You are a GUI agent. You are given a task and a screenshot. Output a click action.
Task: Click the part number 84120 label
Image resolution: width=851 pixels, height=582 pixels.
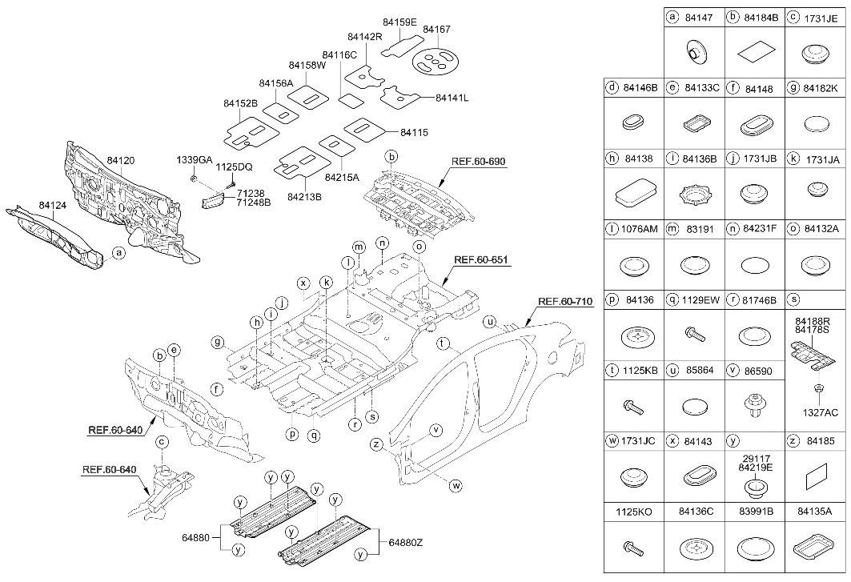(x=121, y=161)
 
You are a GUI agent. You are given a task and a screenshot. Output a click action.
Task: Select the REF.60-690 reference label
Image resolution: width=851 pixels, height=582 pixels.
(x=478, y=162)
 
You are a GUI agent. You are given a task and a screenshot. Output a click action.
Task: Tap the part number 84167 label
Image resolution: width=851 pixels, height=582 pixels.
(x=436, y=30)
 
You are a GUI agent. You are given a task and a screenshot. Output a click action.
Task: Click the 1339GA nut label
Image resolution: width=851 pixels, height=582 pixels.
(x=195, y=159)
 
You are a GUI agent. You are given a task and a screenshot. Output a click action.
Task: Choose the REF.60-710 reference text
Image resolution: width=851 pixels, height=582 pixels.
(x=565, y=301)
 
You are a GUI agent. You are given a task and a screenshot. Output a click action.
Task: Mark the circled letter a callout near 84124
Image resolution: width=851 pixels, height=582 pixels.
(x=118, y=252)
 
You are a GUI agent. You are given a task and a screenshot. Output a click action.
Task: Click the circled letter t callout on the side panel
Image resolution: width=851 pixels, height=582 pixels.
(x=443, y=343)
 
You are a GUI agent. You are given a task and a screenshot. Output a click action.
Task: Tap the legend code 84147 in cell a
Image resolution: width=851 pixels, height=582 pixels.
(x=698, y=18)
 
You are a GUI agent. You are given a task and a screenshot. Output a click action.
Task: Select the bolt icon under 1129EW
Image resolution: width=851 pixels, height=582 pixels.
(x=696, y=333)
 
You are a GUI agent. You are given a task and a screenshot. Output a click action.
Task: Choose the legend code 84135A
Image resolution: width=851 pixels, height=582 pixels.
(x=816, y=511)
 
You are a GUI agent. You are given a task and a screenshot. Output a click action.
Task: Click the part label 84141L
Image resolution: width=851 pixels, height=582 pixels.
(x=452, y=98)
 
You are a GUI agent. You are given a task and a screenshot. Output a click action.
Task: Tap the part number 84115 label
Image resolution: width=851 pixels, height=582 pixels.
(x=414, y=132)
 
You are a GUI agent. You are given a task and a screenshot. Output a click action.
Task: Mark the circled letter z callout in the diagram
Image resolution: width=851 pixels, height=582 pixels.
(x=375, y=444)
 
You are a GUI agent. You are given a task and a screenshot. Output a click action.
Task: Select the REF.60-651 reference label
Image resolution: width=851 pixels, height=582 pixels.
(x=481, y=259)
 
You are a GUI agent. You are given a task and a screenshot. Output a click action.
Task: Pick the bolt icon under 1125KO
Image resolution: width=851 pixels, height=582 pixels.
(x=633, y=548)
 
